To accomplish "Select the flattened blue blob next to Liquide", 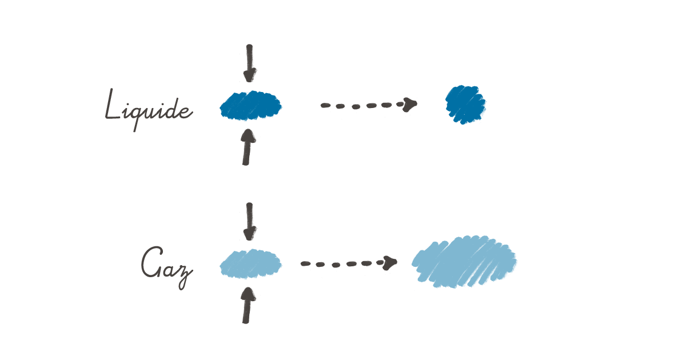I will [250, 106].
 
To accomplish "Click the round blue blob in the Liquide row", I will [466, 105].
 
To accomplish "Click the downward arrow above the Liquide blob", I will [250, 64].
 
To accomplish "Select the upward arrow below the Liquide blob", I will [247, 147].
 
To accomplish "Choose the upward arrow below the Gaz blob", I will [247, 306].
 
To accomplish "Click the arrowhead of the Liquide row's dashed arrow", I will [410, 105].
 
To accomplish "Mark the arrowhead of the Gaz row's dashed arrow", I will [390, 263].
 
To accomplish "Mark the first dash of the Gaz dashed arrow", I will [306, 263].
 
